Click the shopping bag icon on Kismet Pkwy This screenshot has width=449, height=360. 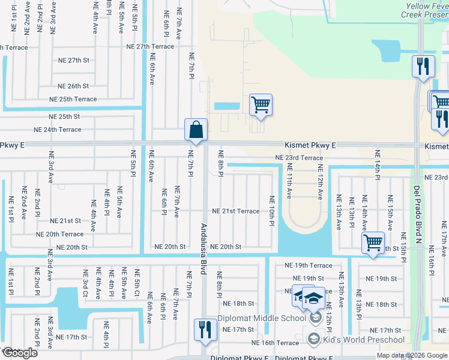(196, 129)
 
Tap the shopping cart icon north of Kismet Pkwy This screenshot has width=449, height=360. (261, 104)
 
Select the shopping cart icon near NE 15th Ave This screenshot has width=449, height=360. (373, 243)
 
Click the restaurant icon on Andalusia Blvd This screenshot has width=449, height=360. (205, 329)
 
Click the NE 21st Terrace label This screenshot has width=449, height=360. (236, 211)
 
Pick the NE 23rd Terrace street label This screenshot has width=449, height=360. (299, 158)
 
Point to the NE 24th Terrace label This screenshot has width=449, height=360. (57, 130)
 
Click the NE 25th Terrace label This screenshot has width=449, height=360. (73, 99)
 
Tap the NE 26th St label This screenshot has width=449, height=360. (73, 86)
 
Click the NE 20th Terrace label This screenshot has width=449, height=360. (59, 234)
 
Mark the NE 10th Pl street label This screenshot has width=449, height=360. (271, 211)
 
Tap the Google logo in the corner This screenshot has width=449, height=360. (20, 353)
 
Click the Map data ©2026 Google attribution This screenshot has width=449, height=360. (411, 355)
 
